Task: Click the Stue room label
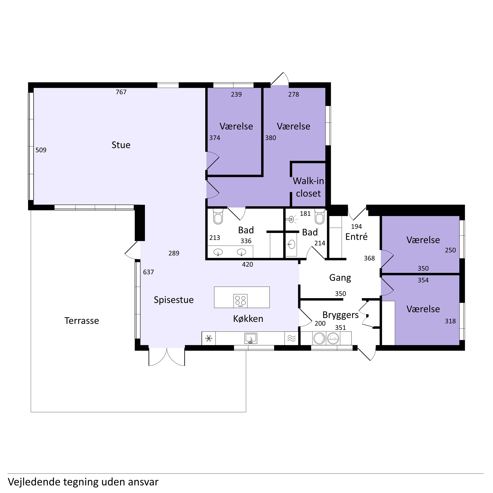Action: point(121,145)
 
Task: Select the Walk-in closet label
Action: point(308,187)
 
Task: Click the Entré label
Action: point(356,237)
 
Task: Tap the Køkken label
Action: point(248,319)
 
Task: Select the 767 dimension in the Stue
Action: point(121,92)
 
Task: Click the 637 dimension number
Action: point(149,272)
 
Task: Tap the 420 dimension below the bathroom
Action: point(247,264)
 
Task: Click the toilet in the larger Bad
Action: point(218,217)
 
